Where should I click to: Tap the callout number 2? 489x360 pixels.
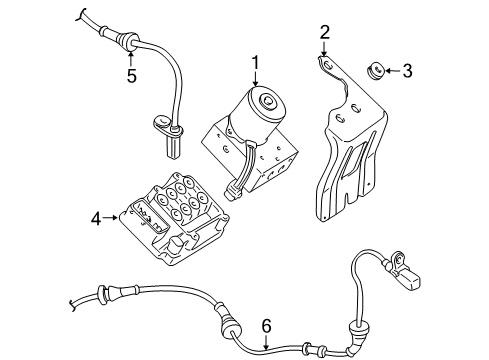pyautogui.click(x=325, y=32)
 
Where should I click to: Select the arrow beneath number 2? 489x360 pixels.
pyautogui.click(x=325, y=52)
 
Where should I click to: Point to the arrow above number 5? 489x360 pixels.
pyautogui.click(x=130, y=55)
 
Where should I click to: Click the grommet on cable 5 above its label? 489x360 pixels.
pyautogui.click(x=128, y=40)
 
